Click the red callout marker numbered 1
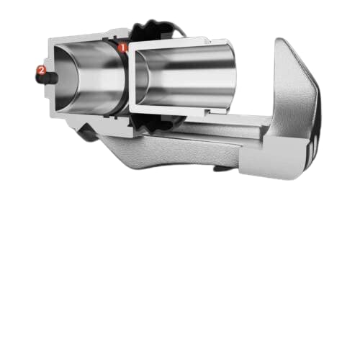pos(122,48)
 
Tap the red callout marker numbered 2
pos(41,71)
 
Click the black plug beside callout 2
pos(47,78)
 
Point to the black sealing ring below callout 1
pos(125,79)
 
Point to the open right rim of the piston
pos(233,75)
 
